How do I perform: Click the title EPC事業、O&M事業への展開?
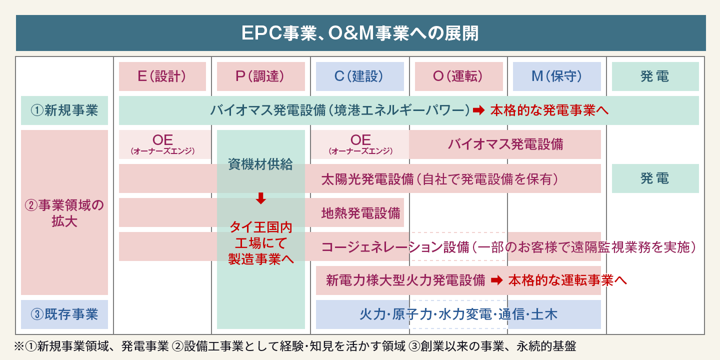click(x=360, y=33)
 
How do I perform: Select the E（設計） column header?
click(x=162, y=76)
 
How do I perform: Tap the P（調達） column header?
click(x=260, y=76)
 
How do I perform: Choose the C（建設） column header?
click(x=359, y=76)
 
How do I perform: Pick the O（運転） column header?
click(x=458, y=76)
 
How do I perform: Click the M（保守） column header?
click(x=556, y=76)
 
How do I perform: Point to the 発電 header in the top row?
click(x=655, y=76)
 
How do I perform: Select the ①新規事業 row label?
click(x=64, y=110)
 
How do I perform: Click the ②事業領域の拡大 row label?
click(x=64, y=213)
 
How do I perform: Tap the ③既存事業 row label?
click(x=64, y=314)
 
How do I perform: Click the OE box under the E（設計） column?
click(x=163, y=144)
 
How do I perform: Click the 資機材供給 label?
click(x=260, y=164)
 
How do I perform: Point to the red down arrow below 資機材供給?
click(x=260, y=198)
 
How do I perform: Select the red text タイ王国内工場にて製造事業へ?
click(x=260, y=243)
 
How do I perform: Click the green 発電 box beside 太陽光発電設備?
click(x=655, y=178)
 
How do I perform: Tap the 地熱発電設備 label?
click(x=360, y=213)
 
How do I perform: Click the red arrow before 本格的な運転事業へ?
click(x=496, y=280)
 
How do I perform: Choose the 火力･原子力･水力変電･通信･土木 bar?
click(x=458, y=314)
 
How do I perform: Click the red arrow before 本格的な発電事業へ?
click(x=478, y=110)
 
